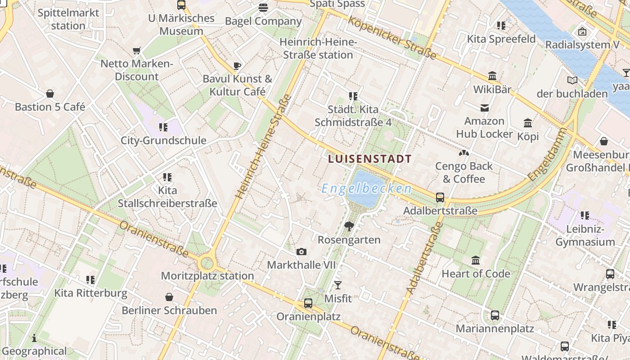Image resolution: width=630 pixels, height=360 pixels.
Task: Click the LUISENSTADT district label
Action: [370, 159]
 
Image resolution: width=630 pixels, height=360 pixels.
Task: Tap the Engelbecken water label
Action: [366, 189]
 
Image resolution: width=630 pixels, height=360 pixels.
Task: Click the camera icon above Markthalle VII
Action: [301, 252]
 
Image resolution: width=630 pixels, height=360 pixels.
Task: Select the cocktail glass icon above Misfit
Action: [338, 285]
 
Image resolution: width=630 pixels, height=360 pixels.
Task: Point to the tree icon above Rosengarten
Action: [349, 226]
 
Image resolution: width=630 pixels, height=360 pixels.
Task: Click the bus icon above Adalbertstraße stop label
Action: [440, 197]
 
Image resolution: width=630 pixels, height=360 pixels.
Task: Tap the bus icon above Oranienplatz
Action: [308, 303]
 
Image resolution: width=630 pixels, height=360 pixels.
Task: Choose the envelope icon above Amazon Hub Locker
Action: [485, 108]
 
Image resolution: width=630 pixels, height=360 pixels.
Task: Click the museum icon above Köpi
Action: [528, 123]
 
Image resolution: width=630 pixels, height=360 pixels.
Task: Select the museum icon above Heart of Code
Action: [476, 260]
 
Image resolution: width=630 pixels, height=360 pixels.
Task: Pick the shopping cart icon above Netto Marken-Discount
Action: [137, 50]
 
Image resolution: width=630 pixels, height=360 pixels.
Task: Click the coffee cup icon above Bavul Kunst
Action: [237, 66]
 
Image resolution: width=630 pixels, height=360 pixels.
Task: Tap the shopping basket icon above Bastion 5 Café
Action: [50, 94]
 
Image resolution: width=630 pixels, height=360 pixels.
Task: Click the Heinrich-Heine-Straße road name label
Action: [263, 147]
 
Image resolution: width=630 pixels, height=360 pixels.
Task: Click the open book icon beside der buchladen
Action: [572, 81]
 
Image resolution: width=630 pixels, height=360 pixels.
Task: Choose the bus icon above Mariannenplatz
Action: [495, 315]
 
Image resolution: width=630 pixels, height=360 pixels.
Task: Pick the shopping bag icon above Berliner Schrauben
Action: [169, 297]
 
